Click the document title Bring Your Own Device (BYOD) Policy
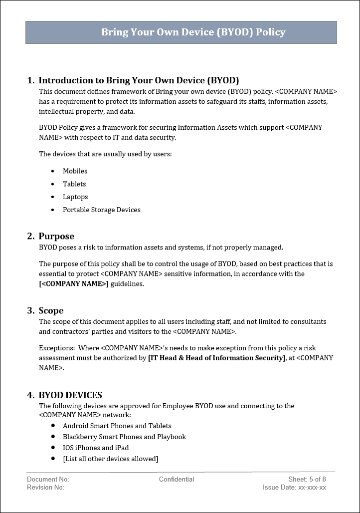pos(193,32)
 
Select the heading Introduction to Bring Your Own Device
pos(139,80)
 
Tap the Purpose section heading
pos(56,237)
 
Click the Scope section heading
pos(51,311)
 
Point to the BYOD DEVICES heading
pos(70,395)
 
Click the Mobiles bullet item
pos(75,171)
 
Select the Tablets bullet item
pos(74,184)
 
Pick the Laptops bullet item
pos(75,197)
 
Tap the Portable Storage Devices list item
pos(101,210)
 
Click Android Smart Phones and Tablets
pos(117,426)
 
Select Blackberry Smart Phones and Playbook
pos(124,437)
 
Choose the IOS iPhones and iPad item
pos(96,448)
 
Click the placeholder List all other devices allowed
pos(110,459)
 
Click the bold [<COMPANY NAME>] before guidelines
pos(73,284)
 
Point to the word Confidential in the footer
pos(177,480)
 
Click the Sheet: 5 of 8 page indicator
pos(307,480)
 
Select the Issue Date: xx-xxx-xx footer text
pos(294,488)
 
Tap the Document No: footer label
pos(48,480)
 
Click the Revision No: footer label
pos(45,488)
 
